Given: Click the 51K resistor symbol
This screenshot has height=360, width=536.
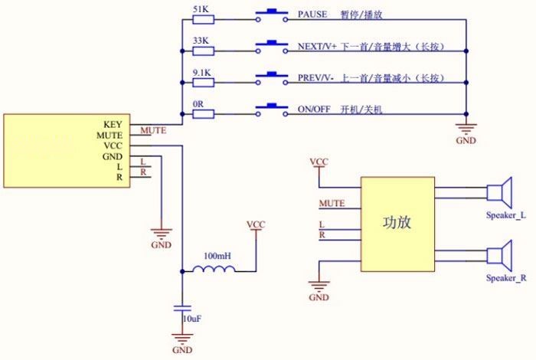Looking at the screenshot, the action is coord(204,19).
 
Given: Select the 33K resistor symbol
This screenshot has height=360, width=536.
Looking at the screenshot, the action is coord(204,51).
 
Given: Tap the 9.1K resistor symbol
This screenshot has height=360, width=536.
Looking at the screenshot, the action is coord(204,83).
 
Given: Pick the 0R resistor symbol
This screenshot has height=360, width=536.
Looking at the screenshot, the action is coord(204,114).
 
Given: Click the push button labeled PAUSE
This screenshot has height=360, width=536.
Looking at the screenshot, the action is coord(272,16).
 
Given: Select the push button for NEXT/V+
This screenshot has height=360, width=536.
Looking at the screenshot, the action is coord(272,47).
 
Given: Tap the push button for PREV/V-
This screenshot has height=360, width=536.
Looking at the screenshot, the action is coord(272,79).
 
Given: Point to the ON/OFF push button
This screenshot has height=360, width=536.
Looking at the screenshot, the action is coord(272,110).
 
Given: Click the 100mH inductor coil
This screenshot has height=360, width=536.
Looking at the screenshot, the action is coord(214,269).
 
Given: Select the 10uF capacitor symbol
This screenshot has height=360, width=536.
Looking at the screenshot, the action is coord(182,308).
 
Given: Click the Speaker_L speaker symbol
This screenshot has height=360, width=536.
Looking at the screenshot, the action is coord(499,192).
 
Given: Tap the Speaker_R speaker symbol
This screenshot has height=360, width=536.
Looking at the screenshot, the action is coord(499,255).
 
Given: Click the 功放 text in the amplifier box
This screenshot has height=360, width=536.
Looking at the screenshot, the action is coord(397,223).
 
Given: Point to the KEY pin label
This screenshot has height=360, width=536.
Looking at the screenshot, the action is coord(113,124).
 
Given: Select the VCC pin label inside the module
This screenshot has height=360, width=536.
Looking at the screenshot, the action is coord(113,146).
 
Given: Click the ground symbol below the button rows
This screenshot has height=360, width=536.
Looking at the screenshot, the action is coord(466,129).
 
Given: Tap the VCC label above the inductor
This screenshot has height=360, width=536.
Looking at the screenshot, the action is coord(256,224).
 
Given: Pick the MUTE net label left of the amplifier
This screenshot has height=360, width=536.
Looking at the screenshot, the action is coord(332,204).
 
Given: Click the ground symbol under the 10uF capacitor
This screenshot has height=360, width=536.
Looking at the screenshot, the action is coord(182,339).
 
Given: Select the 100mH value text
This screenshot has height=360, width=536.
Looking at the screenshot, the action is coord(217,256).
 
